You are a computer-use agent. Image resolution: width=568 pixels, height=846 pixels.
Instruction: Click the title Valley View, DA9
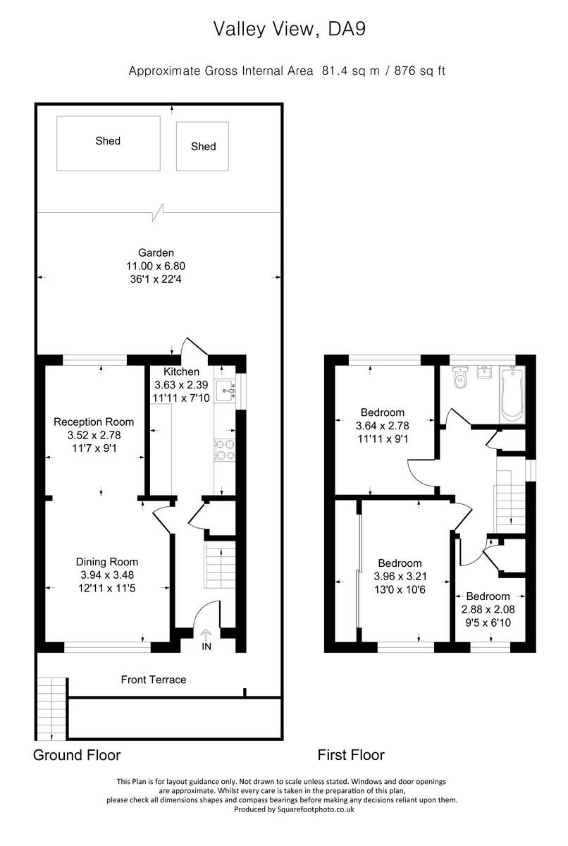click(290, 29)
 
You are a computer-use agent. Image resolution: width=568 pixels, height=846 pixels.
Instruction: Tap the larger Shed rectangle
click(108, 143)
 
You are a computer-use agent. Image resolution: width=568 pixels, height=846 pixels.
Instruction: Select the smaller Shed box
click(203, 146)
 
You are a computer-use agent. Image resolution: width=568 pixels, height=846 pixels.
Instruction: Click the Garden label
click(156, 252)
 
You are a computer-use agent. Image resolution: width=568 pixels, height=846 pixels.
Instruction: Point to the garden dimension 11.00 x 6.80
click(156, 266)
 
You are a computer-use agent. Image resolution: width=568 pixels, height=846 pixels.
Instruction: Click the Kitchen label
click(181, 372)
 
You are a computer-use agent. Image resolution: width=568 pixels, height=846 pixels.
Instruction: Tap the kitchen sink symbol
click(225, 388)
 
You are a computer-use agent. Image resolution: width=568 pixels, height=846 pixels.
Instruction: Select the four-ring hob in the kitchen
click(225, 450)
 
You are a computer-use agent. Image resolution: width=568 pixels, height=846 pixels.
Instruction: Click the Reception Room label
click(94, 422)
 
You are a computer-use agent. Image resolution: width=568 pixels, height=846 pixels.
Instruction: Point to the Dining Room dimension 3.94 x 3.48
click(106, 575)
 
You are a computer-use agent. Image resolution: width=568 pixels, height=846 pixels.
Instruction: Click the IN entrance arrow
click(206, 637)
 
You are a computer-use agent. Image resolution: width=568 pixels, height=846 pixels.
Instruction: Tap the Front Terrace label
click(154, 680)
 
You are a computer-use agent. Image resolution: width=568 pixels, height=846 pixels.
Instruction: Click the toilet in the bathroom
click(462, 378)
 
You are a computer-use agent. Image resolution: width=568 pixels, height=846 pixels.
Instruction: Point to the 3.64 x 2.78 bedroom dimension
click(383, 426)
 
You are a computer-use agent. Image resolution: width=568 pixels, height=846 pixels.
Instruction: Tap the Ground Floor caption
click(77, 755)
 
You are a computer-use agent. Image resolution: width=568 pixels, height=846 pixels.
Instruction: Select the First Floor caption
click(351, 755)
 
